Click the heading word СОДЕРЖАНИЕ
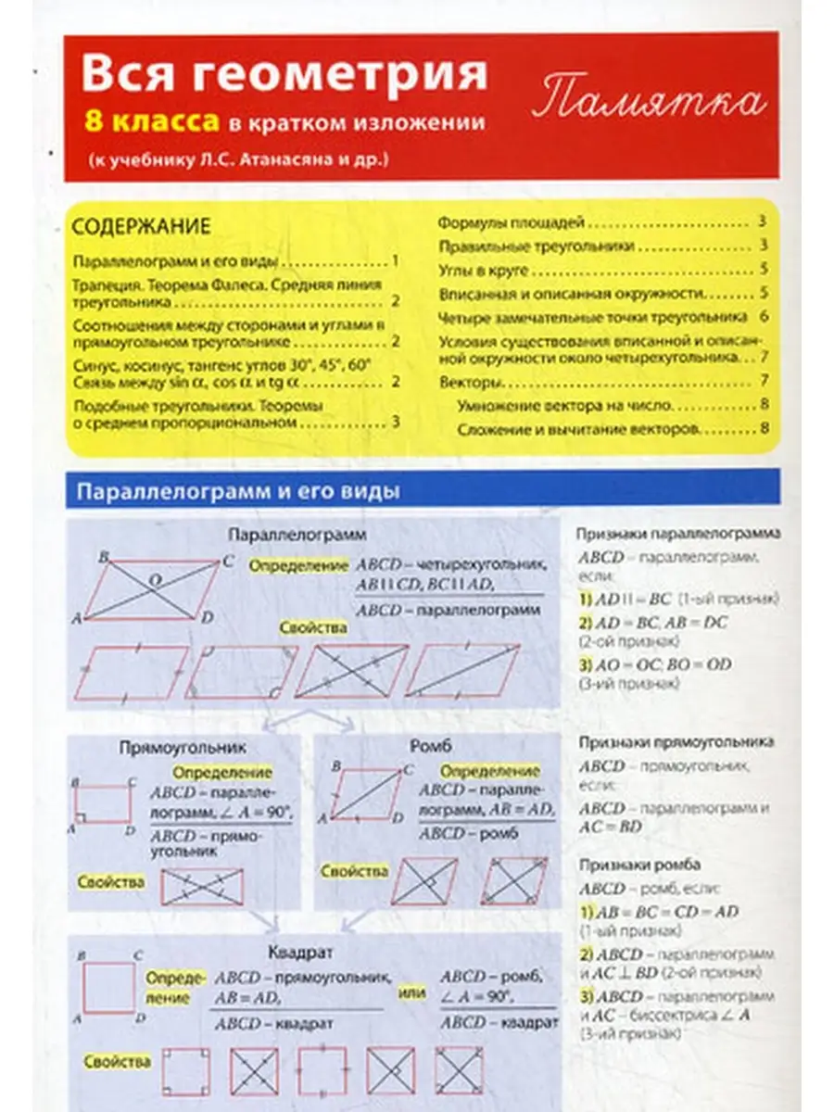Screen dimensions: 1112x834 coord(142,226)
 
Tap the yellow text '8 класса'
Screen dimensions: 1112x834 coord(151,121)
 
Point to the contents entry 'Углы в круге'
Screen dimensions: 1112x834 coord(483,271)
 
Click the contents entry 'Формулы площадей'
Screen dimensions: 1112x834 coord(511,223)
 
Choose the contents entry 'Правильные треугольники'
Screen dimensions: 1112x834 coord(536,246)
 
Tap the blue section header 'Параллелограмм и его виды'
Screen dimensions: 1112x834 coord(238,491)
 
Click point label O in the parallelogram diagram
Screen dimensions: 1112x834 coord(155,580)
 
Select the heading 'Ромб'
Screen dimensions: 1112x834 coord(429,747)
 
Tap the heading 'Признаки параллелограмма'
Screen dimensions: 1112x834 coord(677,535)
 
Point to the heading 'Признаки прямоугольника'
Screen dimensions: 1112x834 coord(676,742)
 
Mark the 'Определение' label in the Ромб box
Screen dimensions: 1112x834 coord(489,771)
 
